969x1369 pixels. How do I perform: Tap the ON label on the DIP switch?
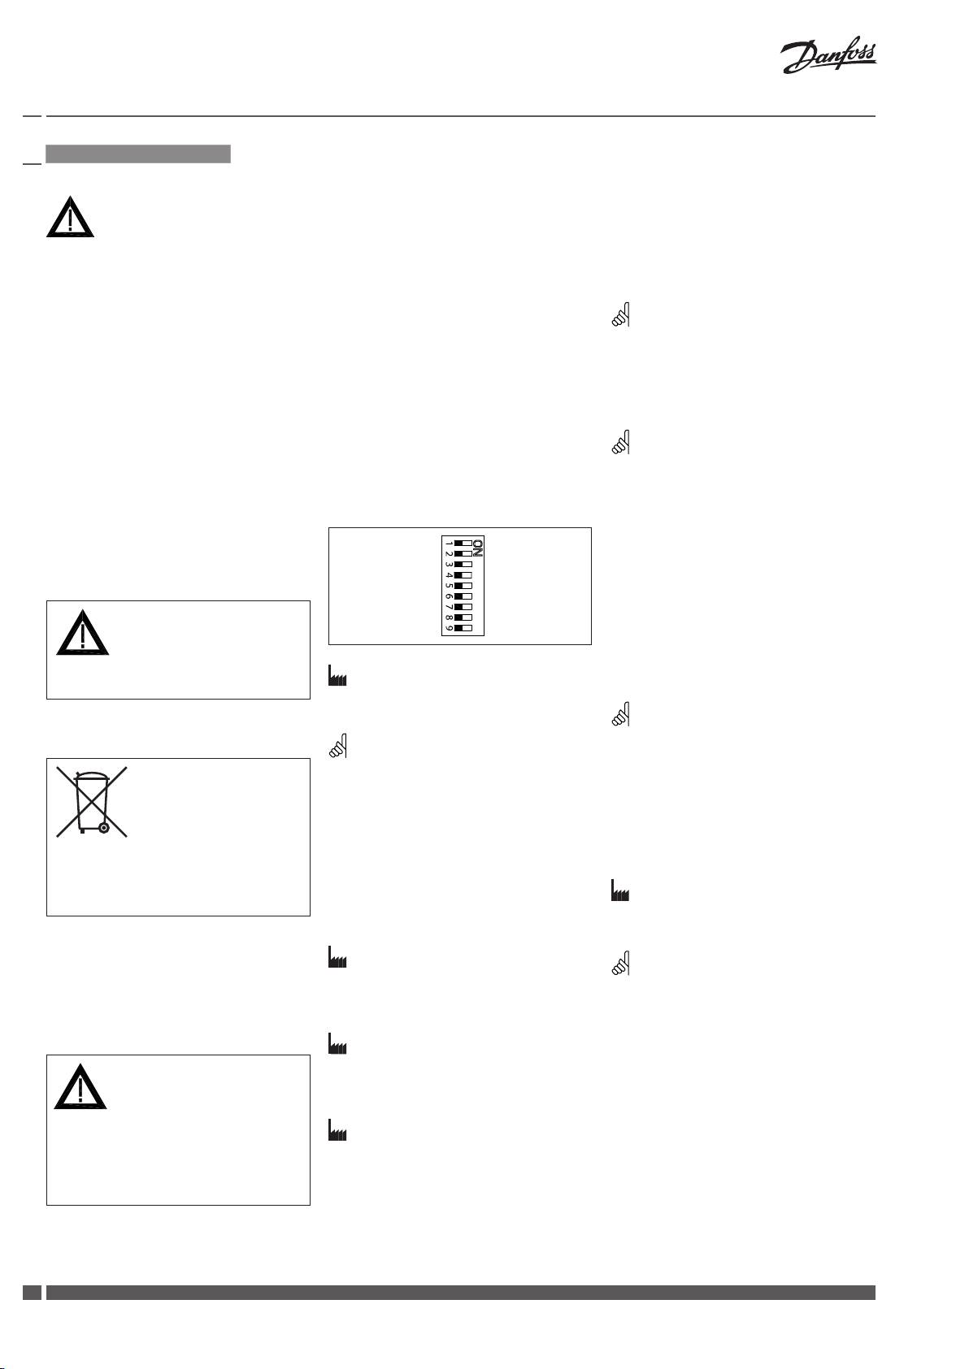point(478,548)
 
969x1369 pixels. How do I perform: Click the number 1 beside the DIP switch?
point(448,543)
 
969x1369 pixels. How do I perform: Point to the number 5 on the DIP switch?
point(448,585)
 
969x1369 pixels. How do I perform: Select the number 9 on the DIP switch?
point(448,628)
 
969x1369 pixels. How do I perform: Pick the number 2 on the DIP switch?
point(448,553)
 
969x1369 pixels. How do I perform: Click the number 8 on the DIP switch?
point(448,617)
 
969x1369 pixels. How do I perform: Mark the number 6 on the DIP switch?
point(448,596)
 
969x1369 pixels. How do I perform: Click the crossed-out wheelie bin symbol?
point(92,801)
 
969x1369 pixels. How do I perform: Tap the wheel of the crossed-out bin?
point(103,828)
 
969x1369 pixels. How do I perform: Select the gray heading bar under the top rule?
point(138,154)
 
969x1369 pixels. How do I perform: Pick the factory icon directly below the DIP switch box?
point(337,677)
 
